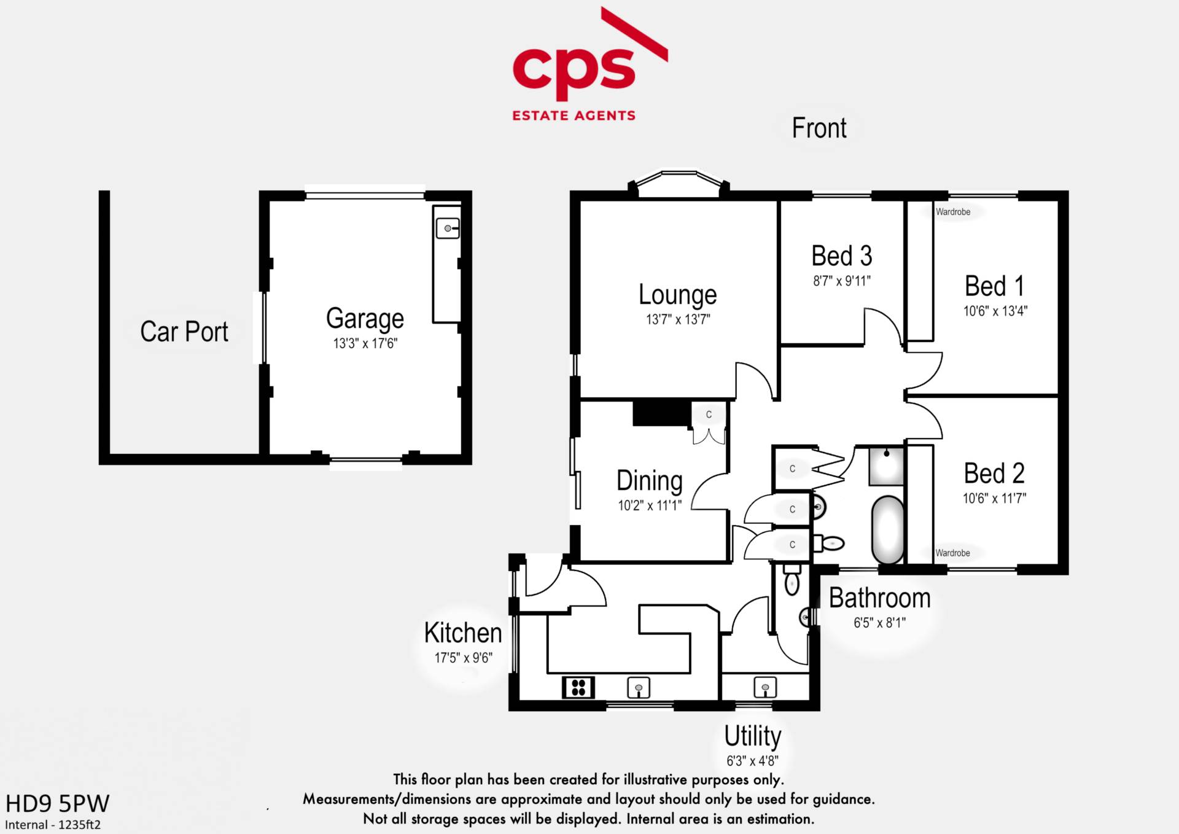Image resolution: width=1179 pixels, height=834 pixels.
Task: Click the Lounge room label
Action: click(677, 295)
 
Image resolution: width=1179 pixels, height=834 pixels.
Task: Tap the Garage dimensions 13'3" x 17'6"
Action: click(365, 343)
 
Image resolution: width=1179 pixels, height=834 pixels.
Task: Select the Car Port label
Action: click(184, 332)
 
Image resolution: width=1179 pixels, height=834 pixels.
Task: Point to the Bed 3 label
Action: click(841, 256)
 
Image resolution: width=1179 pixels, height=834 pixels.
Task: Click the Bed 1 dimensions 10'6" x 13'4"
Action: click(995, 311)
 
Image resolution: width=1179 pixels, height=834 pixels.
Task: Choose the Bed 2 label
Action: click(994, 474)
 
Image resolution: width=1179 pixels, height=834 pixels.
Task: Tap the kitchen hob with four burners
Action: click(578, 687)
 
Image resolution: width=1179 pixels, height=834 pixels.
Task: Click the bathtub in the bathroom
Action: click(888, 529)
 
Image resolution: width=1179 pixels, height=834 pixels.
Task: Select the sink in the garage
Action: click(448, 228)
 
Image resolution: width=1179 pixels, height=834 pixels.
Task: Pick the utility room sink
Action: click(765, 687)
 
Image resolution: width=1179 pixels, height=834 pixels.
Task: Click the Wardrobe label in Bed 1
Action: click(953, 212)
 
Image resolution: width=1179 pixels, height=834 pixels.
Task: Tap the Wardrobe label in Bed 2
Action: click(952, 553)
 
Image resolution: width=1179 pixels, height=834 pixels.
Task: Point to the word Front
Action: click(819, 128)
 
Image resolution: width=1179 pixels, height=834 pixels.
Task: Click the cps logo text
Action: click(574, 68)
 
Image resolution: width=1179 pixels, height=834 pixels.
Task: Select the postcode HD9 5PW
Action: click(57, 803)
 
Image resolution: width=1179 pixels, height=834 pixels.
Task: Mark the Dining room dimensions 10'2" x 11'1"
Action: click(650, 505)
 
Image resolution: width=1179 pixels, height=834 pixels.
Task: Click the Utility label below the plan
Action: click(752, 736)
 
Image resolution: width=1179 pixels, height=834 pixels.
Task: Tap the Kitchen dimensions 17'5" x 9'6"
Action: click(464, 658)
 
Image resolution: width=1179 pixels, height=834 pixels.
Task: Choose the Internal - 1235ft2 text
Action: click(53, 825)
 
